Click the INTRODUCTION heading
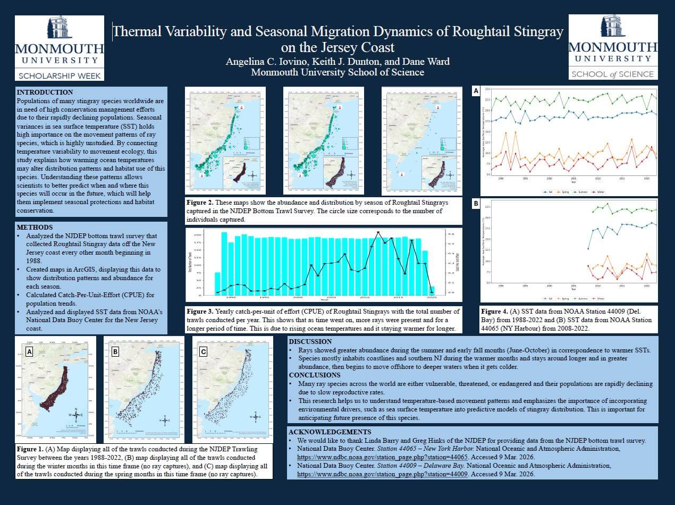pos(45,92)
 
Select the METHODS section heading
pos(35,227)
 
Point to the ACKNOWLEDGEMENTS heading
pos(330,432)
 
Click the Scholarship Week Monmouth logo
pos(59,47)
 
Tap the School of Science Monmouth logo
pos(613,47)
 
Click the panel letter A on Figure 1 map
pos(29,351)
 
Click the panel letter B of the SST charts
pos(476,204)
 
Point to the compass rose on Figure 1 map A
pos(77,414)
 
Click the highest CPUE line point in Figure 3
pos(378,232)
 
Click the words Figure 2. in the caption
pos(200,203)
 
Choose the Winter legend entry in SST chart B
pos(600,299)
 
